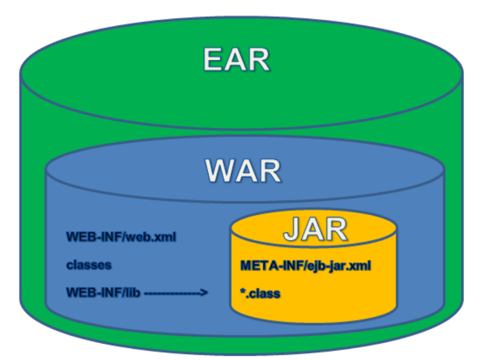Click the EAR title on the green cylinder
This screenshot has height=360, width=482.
coord(236,60)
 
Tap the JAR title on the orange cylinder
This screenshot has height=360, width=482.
coord(315,230)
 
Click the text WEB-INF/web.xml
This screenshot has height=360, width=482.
coord(121,237)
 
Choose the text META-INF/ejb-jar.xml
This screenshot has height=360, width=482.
coord(305,266)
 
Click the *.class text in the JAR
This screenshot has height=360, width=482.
coord(260,293)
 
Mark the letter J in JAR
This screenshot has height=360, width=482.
coord(292,230)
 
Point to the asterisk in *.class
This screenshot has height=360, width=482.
coord(242,292)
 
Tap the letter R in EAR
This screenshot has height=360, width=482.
coord(259,60)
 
